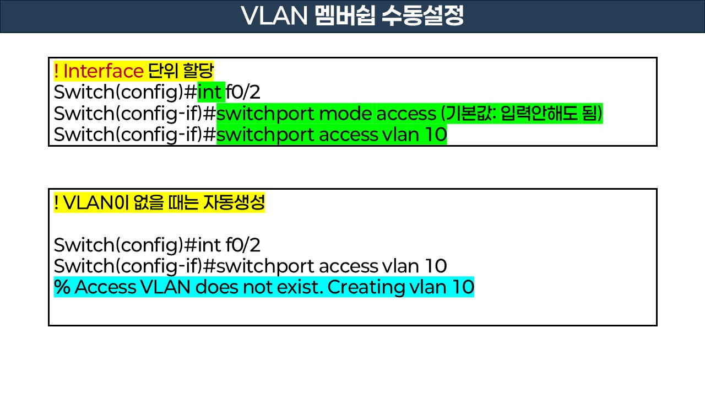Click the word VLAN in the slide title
(x=273, y=17)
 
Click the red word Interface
(x=104, y=71)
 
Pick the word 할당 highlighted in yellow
(x=198, y=71)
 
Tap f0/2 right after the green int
(x=243, y=92)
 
